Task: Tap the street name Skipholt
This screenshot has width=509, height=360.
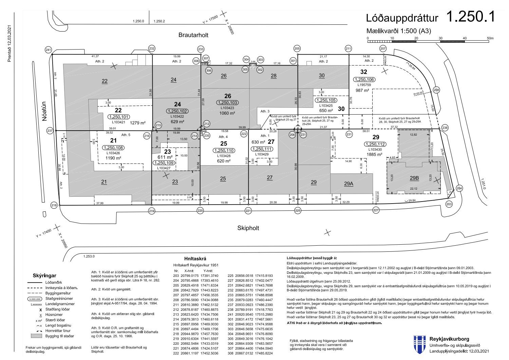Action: [248, 228]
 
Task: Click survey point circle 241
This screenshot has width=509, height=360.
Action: [49, 51]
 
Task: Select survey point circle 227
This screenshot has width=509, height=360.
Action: [376, 211]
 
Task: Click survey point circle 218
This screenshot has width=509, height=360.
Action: [54, 205]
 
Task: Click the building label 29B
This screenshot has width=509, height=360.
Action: [414, 178]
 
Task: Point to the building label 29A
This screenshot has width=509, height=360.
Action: [348, 184]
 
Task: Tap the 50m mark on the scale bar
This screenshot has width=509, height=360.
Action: [490, 38]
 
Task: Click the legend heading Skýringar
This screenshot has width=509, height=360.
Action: [44, 276]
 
